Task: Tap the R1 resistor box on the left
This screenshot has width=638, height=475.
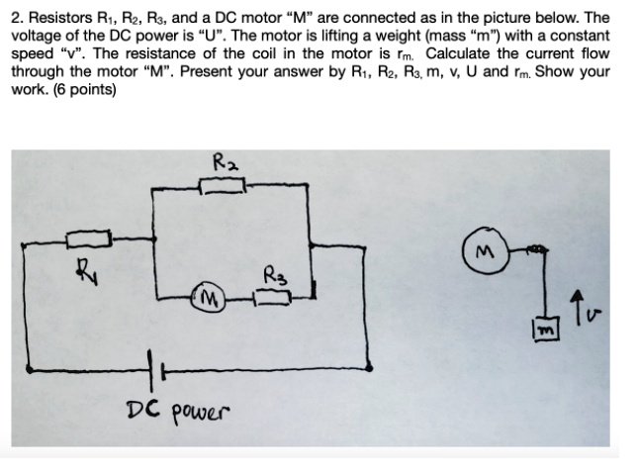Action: pos(86,238)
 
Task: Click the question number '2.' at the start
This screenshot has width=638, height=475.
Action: pos(18,18)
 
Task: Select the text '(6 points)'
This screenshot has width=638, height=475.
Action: pos(84,88)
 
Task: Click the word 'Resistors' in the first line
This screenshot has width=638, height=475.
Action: pos(59,18)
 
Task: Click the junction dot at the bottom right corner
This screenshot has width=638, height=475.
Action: pos(370,368)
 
